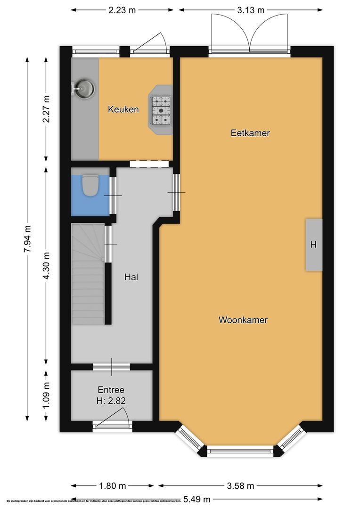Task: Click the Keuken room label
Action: pos(123,109)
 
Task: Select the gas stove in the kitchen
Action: pos(161,110)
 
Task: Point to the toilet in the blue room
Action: pos(90,185)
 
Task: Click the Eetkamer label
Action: pos(250,133)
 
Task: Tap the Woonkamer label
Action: pos(243,320)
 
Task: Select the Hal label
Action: pos(131,277)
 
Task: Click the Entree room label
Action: pos(111,390)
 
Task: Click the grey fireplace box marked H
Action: pos(314,245)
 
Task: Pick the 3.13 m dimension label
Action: pos(251,9)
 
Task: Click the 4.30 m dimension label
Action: pos(46,266)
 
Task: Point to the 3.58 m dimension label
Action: pos(241,486)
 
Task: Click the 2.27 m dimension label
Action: pos(46,109)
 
